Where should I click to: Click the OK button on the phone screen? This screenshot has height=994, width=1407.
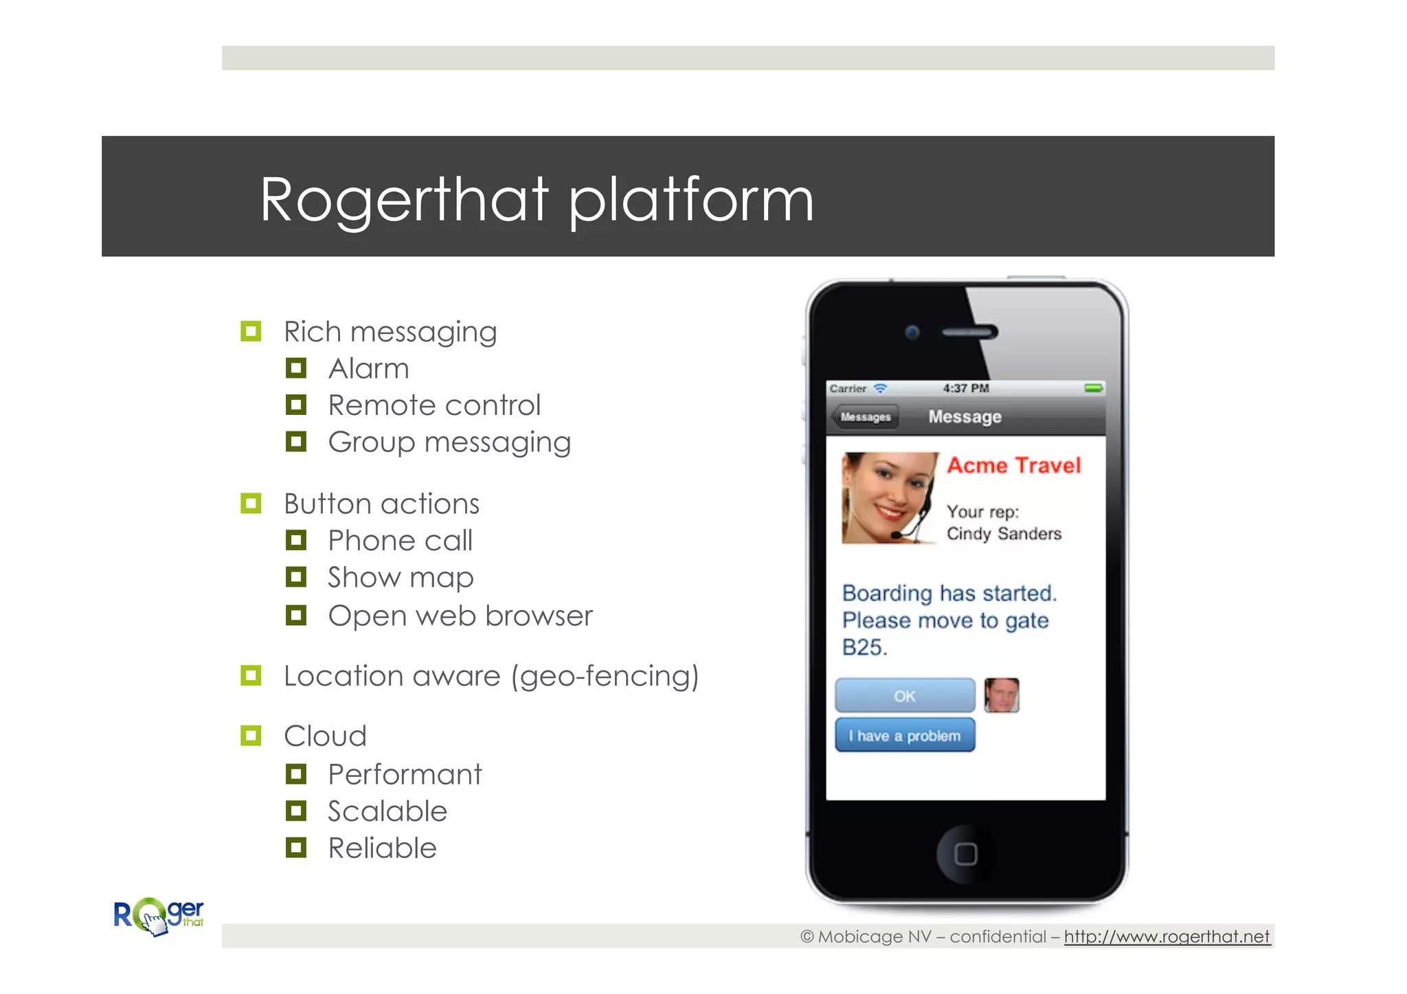click(x=904, y=696)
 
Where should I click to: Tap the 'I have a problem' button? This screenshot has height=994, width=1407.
click(x=904, y=736)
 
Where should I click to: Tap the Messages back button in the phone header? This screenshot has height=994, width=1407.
click(x=864, y=417)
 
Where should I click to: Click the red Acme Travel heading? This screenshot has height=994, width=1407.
click(x=1013, y=466)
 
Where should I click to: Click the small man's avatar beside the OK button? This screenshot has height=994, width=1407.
click(x=1001, y=695)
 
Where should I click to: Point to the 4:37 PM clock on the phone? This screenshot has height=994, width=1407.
click(x=965, y=388)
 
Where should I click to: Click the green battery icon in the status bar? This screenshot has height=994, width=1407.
click(x=1093, y=388)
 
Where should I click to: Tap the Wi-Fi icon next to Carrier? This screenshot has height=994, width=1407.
click(x=880, y=389)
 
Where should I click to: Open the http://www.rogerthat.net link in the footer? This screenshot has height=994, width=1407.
click(x=1167, y=936)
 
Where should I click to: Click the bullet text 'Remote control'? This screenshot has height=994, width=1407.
click(x=434, y=405)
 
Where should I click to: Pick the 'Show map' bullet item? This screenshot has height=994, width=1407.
click(x=401, y=578)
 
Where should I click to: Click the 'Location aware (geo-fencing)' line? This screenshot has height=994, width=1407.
click(x=491, y=676)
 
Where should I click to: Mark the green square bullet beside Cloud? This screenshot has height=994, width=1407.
click(x=251, y=736)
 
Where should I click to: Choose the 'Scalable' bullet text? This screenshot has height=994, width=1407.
click(x=387, y=811)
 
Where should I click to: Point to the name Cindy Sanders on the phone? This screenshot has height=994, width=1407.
click(x=1004, y=534)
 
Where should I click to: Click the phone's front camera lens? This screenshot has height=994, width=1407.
click(x=912, y=332)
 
